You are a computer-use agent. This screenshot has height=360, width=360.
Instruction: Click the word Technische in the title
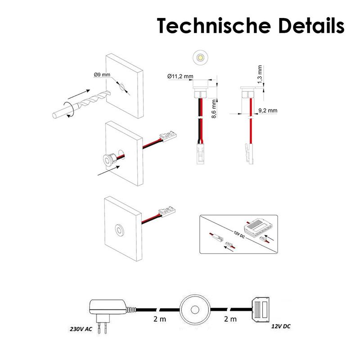point(214,25)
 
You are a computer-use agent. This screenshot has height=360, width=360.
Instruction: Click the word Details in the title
point(311,25)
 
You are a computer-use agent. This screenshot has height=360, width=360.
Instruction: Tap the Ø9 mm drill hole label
point(102,75)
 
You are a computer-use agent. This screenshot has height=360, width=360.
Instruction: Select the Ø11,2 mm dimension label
point(180,76)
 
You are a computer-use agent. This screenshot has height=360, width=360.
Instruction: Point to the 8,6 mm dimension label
point(214,109)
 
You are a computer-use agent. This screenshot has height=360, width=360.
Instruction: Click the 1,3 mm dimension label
point(260,74)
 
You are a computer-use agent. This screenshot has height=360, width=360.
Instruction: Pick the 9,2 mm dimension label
point(268,110)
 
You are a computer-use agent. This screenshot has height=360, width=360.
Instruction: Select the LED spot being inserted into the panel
point(109,158)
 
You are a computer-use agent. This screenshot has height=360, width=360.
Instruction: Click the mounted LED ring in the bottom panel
point(119,229)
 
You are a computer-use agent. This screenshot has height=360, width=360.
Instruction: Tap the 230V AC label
point(81,329)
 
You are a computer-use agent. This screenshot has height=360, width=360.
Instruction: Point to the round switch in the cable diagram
point(195,310)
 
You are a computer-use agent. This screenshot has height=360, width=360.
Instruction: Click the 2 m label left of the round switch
point(160,319)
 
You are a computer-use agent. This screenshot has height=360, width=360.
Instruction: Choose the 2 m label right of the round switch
point(230,319)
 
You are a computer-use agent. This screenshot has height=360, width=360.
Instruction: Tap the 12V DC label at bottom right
point(280,326)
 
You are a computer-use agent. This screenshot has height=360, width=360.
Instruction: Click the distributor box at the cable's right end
point(261,310)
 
